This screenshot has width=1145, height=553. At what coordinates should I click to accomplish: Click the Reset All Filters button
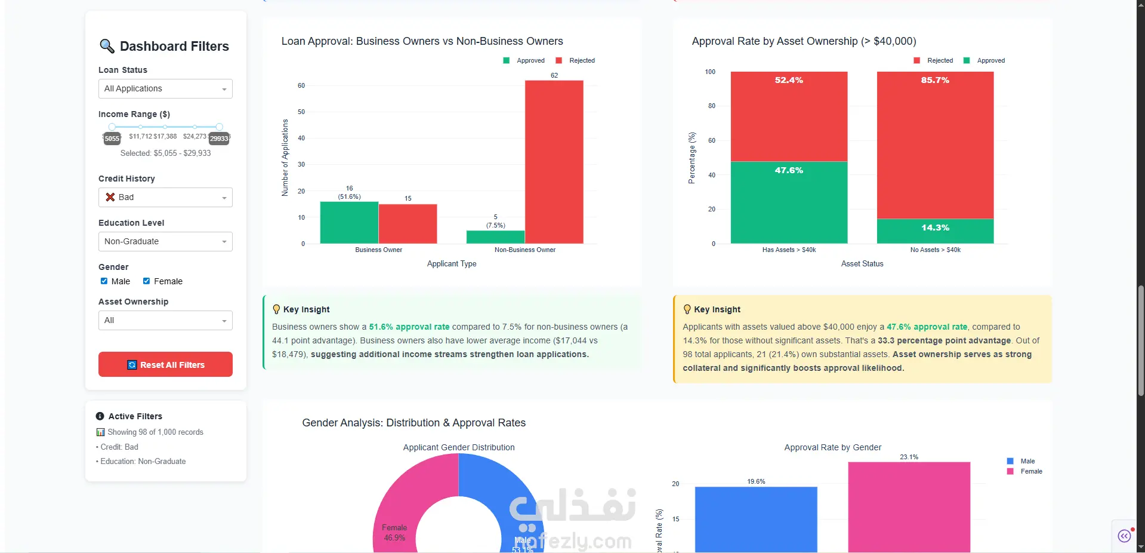(x=165, y=364)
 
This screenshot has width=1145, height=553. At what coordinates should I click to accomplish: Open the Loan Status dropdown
(x=165, y=89)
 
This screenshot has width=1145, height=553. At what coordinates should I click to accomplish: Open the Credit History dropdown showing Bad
(x=165, y=198)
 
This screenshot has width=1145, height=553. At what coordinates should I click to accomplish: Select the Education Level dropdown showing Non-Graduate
(x=165, y=242)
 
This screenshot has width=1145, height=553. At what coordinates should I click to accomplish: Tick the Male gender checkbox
(x=104, y=281)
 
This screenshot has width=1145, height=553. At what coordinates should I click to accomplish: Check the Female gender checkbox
(x=146, y=281)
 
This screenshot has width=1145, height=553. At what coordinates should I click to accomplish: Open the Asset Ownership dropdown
(x=165, y=321)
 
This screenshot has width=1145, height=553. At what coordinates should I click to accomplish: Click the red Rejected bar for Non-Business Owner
(x=554, y=161)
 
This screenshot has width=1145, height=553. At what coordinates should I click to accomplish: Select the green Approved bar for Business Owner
(x=349, y=222)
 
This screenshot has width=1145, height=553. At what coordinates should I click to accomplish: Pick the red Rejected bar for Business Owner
(x=408, y=223)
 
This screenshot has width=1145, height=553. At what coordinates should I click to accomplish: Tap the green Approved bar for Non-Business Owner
(x=495, y=236)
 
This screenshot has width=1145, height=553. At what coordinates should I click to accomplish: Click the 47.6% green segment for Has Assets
(x=789, y=202)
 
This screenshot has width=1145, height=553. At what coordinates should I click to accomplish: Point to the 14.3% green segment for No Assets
(x=935, y=231)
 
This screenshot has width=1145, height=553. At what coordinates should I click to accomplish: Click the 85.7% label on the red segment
(x=935, y=80)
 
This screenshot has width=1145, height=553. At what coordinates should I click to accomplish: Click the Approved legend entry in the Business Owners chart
(x=524, y=60)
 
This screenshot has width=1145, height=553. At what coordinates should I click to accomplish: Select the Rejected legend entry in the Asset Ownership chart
(x=934, y=60)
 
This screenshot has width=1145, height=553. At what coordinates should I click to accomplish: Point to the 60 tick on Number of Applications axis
(x=301, y=85)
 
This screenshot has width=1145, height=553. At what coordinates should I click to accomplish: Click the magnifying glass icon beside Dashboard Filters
(x=107, y=46)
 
